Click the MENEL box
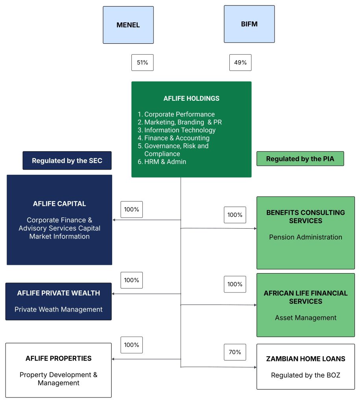[x=128, y=25]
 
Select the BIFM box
[x=249, y=24]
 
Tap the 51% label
[x=142, y=63]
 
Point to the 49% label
[x=240, y=63]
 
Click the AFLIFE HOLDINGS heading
[x=191, y=98]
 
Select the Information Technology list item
[x=180, y=130]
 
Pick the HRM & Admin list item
[x=165, y=161]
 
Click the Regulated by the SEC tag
[x=67, y=161]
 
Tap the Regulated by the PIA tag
[x=300, y=159]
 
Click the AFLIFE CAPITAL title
[x=59, y=204]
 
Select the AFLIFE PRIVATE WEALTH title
[x=59, y=293]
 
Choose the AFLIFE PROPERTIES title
[x=59, y=359]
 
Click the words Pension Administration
[x=305, y=237]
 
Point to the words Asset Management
[x=305, y=318]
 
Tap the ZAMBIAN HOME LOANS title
[x=305, y=359]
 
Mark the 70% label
[x=235, y=352]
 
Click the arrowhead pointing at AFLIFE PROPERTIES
[x=114, y=359]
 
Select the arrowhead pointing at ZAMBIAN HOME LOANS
[x=255, y=367]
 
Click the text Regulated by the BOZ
[x=305, y=375]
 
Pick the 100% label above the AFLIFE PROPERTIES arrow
[x=131, y=345]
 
